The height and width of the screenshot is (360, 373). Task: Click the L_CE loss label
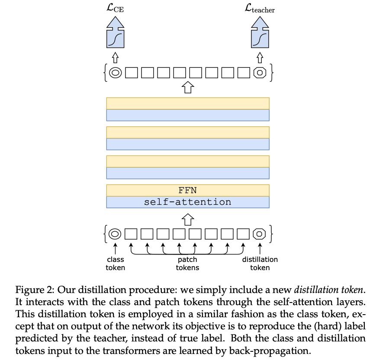coord(115,9)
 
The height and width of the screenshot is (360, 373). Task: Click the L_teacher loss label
coord(260,9)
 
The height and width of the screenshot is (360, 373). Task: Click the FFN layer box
coord(187,191)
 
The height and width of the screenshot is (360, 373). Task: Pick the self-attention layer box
coord(187,202)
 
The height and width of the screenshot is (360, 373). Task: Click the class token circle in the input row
coord(115,234)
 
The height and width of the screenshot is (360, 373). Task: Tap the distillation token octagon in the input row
coord(260,234)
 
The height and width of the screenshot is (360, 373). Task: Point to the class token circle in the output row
coord(115,73)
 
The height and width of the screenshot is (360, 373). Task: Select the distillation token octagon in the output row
coord(260,73)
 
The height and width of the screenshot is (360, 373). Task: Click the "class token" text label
coord(116,263)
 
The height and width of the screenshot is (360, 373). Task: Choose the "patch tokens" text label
coord(187,263)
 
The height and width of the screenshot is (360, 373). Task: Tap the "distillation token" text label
coord(260,263)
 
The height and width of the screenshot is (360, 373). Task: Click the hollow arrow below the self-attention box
coord(187,220)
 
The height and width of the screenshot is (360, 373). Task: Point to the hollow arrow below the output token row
coord(187,88)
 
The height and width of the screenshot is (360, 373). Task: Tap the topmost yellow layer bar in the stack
coord(187,104)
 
